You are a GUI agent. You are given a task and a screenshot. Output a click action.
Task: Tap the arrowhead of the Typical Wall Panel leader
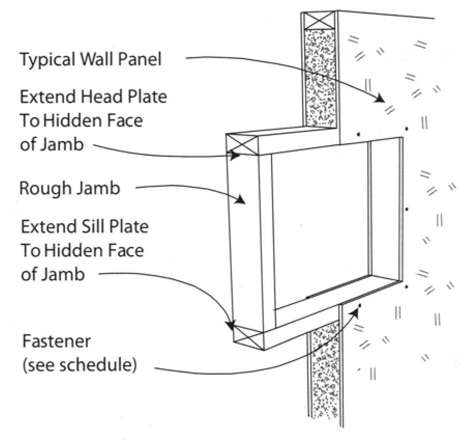(381, 99)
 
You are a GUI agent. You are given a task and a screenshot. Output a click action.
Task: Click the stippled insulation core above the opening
(320, 78)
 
